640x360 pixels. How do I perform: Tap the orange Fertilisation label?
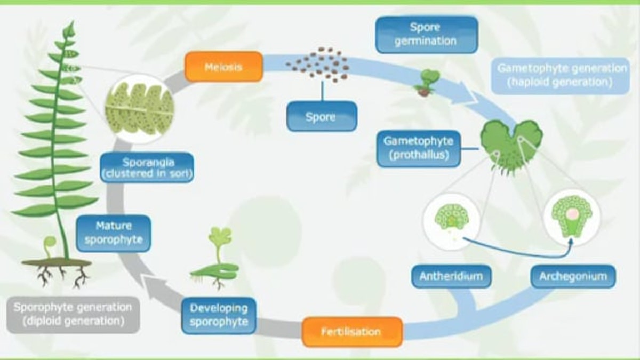[351, 332]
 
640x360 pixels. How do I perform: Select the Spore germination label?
[426, 34]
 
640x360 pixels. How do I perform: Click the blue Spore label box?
[321, 116]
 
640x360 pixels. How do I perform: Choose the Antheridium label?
[451, 277]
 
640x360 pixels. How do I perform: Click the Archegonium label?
[573, 277]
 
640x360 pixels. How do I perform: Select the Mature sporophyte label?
[113, 233]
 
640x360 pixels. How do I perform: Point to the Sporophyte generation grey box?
[73, 315]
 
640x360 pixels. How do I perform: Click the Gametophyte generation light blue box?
[562, 76]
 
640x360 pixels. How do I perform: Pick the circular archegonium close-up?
[571, 217]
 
